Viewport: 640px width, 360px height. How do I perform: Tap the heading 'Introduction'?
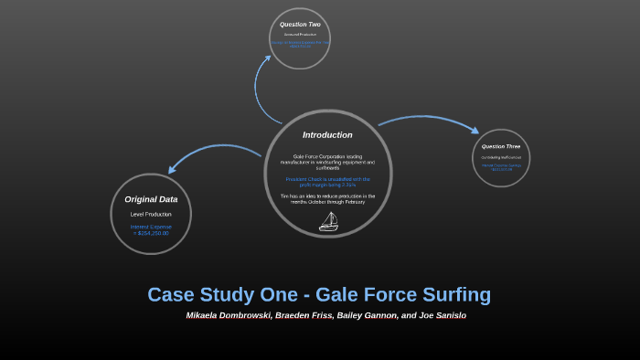[327, 135]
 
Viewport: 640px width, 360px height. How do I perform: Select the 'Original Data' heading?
[151, 198]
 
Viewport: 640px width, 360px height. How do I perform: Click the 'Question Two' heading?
[300, 24]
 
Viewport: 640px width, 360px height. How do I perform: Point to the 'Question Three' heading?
[501, 146]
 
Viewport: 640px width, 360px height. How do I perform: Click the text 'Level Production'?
[151, 214]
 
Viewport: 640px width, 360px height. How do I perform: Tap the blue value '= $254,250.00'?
[151, 233]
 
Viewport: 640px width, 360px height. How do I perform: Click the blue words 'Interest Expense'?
[151, 226]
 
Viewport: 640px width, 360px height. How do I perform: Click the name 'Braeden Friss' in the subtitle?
[301, 315]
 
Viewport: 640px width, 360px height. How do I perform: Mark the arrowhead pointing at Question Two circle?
[269, 58]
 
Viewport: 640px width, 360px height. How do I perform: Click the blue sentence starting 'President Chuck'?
[327, 182]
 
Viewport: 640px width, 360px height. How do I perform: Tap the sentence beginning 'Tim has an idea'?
[327, 198]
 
